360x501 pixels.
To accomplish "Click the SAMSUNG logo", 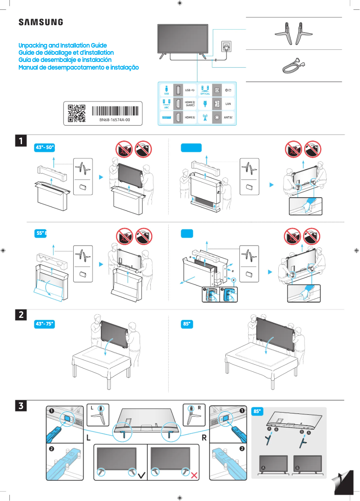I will [x=40, y=22].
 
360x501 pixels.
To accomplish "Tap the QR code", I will [x=76, y=113].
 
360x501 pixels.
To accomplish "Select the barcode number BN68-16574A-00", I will [x=114, y=120].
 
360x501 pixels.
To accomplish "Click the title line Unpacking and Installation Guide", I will [x=62, y=46].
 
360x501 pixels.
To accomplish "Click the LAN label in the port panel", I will [x=228, y=104].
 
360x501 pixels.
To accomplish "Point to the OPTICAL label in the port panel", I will [x=205, y=94].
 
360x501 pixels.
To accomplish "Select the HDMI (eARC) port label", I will [x=190, y=104].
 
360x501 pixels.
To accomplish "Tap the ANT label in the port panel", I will [x=228, y=118].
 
